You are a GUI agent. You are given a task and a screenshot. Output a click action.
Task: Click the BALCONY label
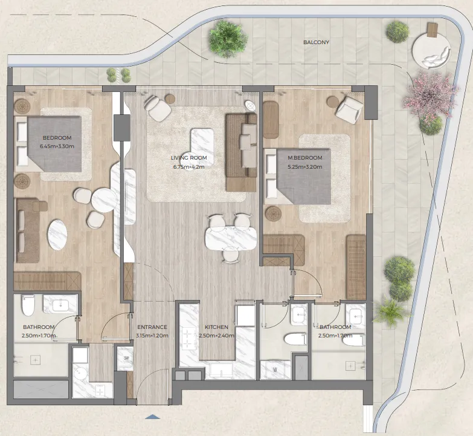pos(316,42)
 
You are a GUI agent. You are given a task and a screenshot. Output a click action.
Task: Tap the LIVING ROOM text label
pos(189,158)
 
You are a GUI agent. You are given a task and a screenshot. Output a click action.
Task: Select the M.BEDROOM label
pos(305,158)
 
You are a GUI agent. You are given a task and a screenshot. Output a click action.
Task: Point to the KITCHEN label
pos(216,327)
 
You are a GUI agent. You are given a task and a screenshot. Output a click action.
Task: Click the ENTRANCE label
pos(152,327)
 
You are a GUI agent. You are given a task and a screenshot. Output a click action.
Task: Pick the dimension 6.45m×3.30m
pos(57,146)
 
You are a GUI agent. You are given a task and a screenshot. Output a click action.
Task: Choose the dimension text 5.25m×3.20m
pos(305,167)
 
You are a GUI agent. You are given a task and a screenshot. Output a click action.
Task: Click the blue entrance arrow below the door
pos(152,417)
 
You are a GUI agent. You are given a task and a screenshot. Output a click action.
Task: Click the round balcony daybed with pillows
pos(432,51)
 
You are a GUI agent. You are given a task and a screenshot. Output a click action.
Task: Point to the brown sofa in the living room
pos(241,152)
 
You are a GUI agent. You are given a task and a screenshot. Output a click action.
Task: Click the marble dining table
pos(231,238)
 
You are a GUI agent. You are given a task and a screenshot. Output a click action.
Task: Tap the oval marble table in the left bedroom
pos(57,234)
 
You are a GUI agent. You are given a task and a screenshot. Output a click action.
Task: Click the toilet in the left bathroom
pos(28,305)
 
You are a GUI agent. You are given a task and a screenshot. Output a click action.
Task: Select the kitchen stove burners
pos(189,339)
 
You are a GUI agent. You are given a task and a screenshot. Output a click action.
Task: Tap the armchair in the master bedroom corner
pos(349,109)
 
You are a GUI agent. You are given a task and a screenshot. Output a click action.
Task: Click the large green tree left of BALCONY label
pos(228,39)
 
